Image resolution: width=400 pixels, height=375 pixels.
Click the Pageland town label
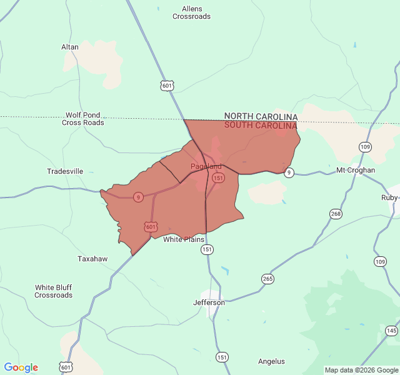coord(206,166)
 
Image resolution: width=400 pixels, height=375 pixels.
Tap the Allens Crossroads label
coord(192,12)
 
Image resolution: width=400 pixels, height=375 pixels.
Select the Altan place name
coord(70,47)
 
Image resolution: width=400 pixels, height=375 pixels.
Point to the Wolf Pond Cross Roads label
coord(83,119)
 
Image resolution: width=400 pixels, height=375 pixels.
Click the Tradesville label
coord(65,171)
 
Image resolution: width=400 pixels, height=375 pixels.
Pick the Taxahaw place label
coord(92,259)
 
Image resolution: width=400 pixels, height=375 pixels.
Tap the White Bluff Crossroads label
coord(53,291)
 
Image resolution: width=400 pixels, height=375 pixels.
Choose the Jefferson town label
coord(209,302)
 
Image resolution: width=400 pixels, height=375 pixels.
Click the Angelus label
coord(271,361)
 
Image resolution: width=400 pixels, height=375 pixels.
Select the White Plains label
coord(184,239)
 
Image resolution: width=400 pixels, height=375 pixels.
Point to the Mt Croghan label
coord(356,170)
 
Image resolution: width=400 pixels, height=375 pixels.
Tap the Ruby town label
coord(389,197)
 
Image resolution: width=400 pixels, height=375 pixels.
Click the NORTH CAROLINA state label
coord(261,116)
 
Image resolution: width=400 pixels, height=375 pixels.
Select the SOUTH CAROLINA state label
coord(261,125)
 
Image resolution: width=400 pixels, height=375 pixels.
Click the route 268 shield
coord(336,214)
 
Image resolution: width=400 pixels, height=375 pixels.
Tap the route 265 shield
coord(267,279)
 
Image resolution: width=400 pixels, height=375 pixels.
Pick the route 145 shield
coord(391,331)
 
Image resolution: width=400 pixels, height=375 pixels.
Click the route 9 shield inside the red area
coord(138,197)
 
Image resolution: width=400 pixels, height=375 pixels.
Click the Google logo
coord(21,367)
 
